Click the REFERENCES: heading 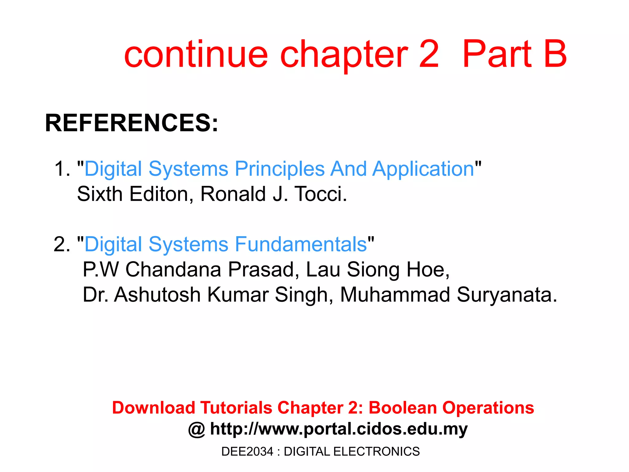[x=131, y=123]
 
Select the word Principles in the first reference [x=279, y=169]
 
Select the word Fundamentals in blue [x=301, y=245]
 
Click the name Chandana [x=173, y=270]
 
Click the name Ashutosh [x=157, y=295]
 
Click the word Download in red [x=154, y=408]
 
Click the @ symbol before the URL [x=197, y=429]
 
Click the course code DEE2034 [x=247, y=451]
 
